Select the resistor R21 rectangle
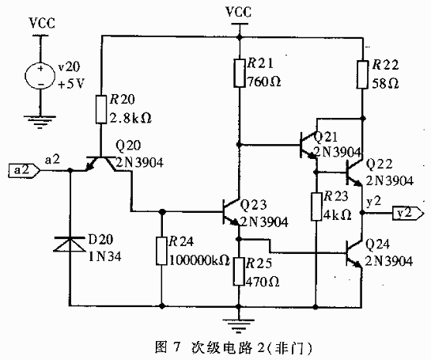[239, 74]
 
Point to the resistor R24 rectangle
[161, 251]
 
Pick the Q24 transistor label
[379, 244]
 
